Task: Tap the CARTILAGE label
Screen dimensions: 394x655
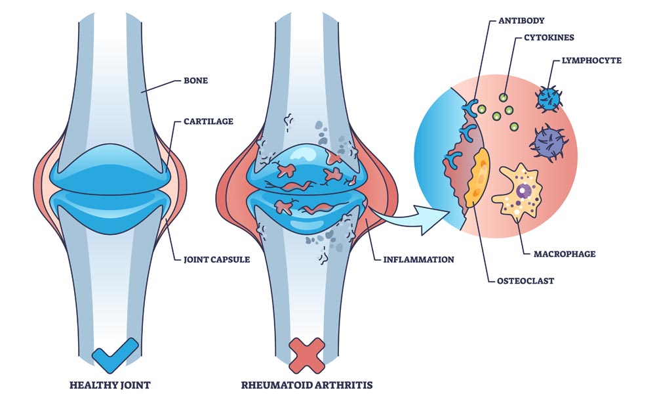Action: (207, 121)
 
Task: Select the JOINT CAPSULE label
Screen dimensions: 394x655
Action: (215, 259)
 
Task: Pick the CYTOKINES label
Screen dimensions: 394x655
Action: (548, 37)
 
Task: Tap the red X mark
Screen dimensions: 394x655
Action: (307, 355)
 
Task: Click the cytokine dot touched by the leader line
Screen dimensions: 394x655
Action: (504, 97)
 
